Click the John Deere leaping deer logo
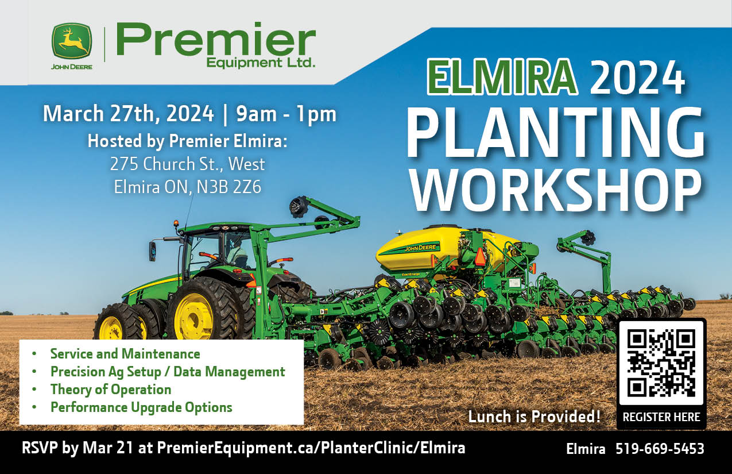pyautogui.click(x=71, y=41)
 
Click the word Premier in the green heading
pyautogui.click(x=215, y=40)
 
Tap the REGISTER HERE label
pyautogui.click(x=661, y=417)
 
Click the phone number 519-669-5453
pyautogui.click(x=660, y=449)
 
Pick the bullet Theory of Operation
pyautogui.click(x=111, y=390)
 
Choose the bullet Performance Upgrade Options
pyautogui.click(x=141, y=407)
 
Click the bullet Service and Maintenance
pyautogui.click(x=125, y=354)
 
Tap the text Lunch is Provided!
pyautogui.click(x=535, y=417)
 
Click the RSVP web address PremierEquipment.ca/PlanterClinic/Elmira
pyautogui.click(x=311, y=448)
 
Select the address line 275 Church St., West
pyautogui.click(x=188, y=164)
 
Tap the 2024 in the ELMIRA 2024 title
pyautogui.click(x=637, y=78)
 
